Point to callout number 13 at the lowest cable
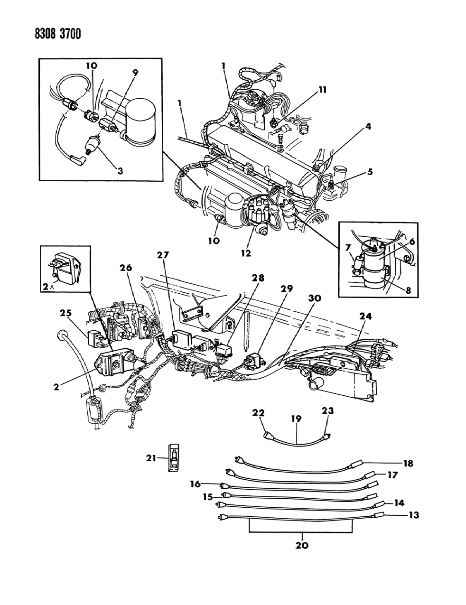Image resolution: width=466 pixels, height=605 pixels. (x=414, y=515)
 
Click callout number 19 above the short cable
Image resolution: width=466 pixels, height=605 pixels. (x=297, y=419)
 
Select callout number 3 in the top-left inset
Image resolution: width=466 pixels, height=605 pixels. (x=121, y=171)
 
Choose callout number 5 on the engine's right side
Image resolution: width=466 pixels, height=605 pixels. (x=370, y=172)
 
